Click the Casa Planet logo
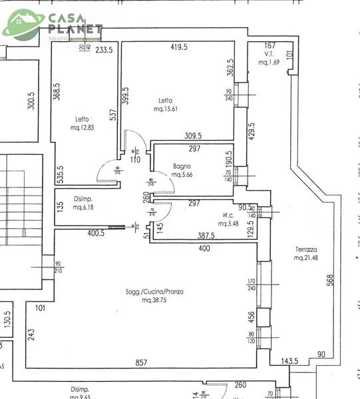pos(53,25)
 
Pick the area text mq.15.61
pos(166,108)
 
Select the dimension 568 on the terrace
pos(330,281)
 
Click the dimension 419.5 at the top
pos(177,47)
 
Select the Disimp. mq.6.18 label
pos(83,203)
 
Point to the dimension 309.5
pos(193,136)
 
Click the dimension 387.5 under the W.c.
pos(210,235)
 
